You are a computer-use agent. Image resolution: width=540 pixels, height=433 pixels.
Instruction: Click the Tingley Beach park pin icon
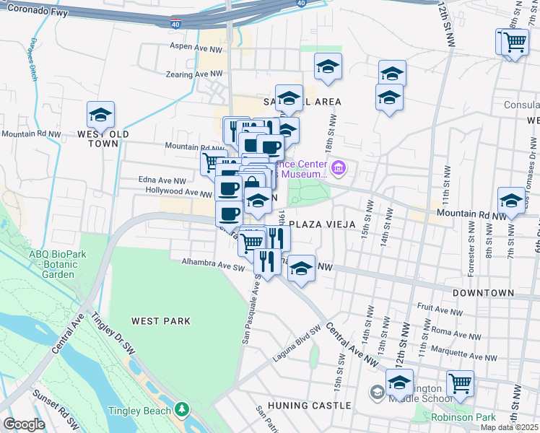pyautogui.click(x=181, y=411)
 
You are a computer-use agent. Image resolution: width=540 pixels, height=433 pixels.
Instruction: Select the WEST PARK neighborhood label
pyautogui.click(x=160, y=320)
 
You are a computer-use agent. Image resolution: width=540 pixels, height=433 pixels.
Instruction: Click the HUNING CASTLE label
pyautogui.click(x=298, y=406)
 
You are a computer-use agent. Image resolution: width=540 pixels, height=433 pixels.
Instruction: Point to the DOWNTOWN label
pyautogui.click(x=483, y=294)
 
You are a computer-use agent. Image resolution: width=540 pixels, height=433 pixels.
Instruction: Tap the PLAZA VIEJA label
pyautogui.click(x=323, y=224)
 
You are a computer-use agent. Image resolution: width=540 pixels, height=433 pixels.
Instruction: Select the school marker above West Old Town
pyautogui.click(x=100, y=115)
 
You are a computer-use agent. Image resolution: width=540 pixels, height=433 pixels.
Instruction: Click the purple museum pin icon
pyautogui.click(x=339, y=170)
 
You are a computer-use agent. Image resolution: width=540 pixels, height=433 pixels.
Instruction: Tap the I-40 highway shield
pyautogui.click(x=176, y=23)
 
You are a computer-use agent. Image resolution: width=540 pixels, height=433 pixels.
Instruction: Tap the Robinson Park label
pyautogui.click(x=463, y=417)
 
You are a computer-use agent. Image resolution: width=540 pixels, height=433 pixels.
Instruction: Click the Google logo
pyautogui.click(x=24, y=424)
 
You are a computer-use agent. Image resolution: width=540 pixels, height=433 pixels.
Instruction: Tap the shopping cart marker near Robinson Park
pyautogui.click(x=460, y=383)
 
